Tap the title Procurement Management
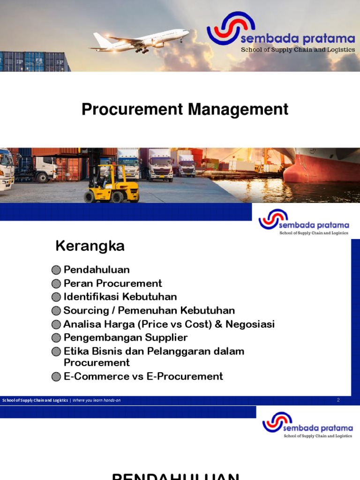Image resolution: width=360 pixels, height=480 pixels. click(x=185, y=109)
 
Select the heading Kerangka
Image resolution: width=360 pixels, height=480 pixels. click(x=90, y=246)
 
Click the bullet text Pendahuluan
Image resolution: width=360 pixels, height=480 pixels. click(x=97, y=270)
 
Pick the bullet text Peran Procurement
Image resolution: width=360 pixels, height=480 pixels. click(x=112, y=283)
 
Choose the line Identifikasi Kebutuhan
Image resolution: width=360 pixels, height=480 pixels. click(x=120, y=297)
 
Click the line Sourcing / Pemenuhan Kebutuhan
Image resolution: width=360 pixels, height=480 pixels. click(x=149, y=310)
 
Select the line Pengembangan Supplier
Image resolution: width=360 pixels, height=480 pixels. click(x=126, y=337)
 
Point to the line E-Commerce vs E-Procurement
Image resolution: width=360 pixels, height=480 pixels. click(x=143, y=376)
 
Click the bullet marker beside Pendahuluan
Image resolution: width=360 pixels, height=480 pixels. click(x=56, y=270)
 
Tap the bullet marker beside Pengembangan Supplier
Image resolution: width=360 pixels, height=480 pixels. click(x=56, y=338)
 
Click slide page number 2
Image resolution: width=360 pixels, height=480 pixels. click(x=338, y=400)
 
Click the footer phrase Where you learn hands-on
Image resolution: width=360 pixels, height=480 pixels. click(x=96, y=400)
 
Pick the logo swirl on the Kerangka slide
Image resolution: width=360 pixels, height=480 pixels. click(x=273, y=218)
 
